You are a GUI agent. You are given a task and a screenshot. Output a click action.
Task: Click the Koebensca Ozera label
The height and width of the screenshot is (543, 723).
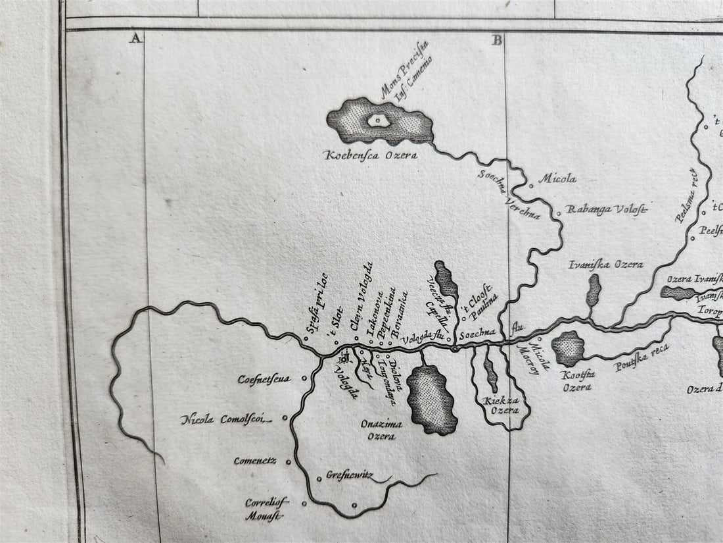[x=371, y=155]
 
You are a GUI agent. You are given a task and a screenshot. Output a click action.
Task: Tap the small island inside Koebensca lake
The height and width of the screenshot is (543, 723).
[x=377, y=120]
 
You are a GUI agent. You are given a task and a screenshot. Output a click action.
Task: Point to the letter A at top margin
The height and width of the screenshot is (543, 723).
[x=135, y=39]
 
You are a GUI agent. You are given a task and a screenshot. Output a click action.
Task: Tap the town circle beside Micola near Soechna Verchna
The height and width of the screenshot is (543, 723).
[x=532, y=186]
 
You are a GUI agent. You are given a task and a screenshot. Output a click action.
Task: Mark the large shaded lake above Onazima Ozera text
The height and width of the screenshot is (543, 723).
[x=431, y=400]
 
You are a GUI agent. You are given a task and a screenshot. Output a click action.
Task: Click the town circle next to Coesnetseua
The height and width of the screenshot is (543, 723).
[x=303, y=378]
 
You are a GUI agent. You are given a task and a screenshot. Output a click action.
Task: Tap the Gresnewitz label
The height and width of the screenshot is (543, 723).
[x=350, y=475]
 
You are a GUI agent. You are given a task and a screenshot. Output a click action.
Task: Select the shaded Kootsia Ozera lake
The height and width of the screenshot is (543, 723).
[x=568, y=348]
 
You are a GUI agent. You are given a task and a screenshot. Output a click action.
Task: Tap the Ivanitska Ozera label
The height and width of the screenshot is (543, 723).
[x=605, y=265]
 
